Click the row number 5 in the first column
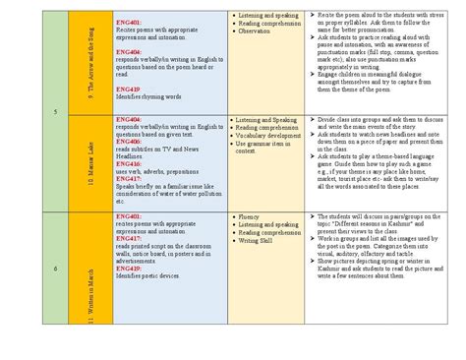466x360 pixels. [x=55, y=111]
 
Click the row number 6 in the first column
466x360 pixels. [x=55, y=268]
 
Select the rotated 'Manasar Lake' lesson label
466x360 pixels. [x=89, y=162]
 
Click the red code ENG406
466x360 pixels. [x=129, y=142]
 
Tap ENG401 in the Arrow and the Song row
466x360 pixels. [x=129, y=21]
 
